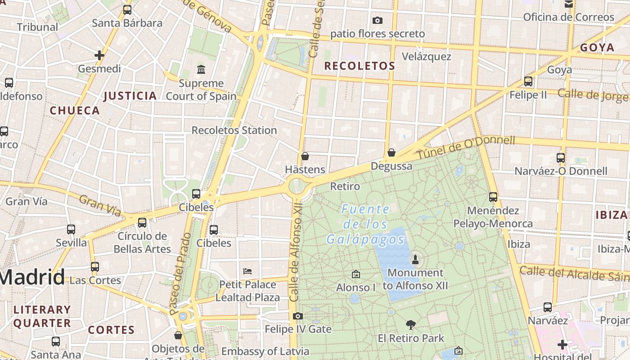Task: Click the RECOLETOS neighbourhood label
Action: (360, 66)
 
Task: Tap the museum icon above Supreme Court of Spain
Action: (201, 70)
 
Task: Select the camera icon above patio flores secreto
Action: (378, 20)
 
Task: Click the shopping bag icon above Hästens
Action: (305, 156)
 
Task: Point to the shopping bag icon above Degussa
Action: (391, 153)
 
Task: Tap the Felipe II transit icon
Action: (528, 81)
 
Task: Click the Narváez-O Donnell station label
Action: (561, 171)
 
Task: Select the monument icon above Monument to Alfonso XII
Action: (415, 259)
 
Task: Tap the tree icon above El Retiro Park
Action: (410, 324)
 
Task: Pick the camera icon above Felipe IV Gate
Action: (298, 316)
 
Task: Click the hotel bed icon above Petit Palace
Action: (247, 271)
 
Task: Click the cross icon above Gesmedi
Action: (99, 55)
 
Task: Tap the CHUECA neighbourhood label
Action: (75, 111)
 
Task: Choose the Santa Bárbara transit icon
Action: (127, 10)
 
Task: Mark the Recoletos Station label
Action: (234, 130)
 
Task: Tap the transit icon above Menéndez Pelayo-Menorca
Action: (493, 197)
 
